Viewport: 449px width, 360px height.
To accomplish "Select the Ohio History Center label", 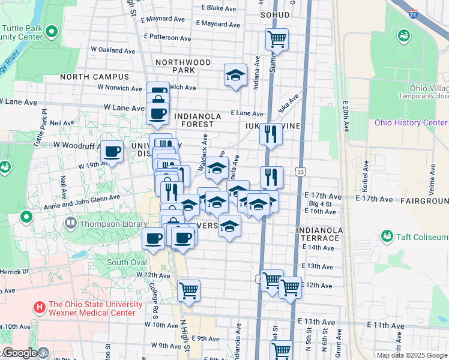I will click(411, 123).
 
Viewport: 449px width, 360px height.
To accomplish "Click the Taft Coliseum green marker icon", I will click(387, 237).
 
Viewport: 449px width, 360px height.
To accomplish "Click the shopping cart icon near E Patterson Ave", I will click(277, 40).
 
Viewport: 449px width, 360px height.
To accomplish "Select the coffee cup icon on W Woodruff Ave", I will click(112, 152).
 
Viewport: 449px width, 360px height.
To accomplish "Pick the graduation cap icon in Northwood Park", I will click(235, 76).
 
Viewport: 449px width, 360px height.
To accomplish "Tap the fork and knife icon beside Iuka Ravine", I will click(271, 134).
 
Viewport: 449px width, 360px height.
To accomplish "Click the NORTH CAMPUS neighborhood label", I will click(94, 77).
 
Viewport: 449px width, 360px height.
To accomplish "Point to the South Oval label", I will click(127, 262).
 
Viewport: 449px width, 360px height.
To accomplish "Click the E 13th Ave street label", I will click(318, 266).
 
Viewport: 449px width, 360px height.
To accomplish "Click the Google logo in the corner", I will click(20, 353).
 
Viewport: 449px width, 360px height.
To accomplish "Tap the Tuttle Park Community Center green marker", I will click(52, 31).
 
